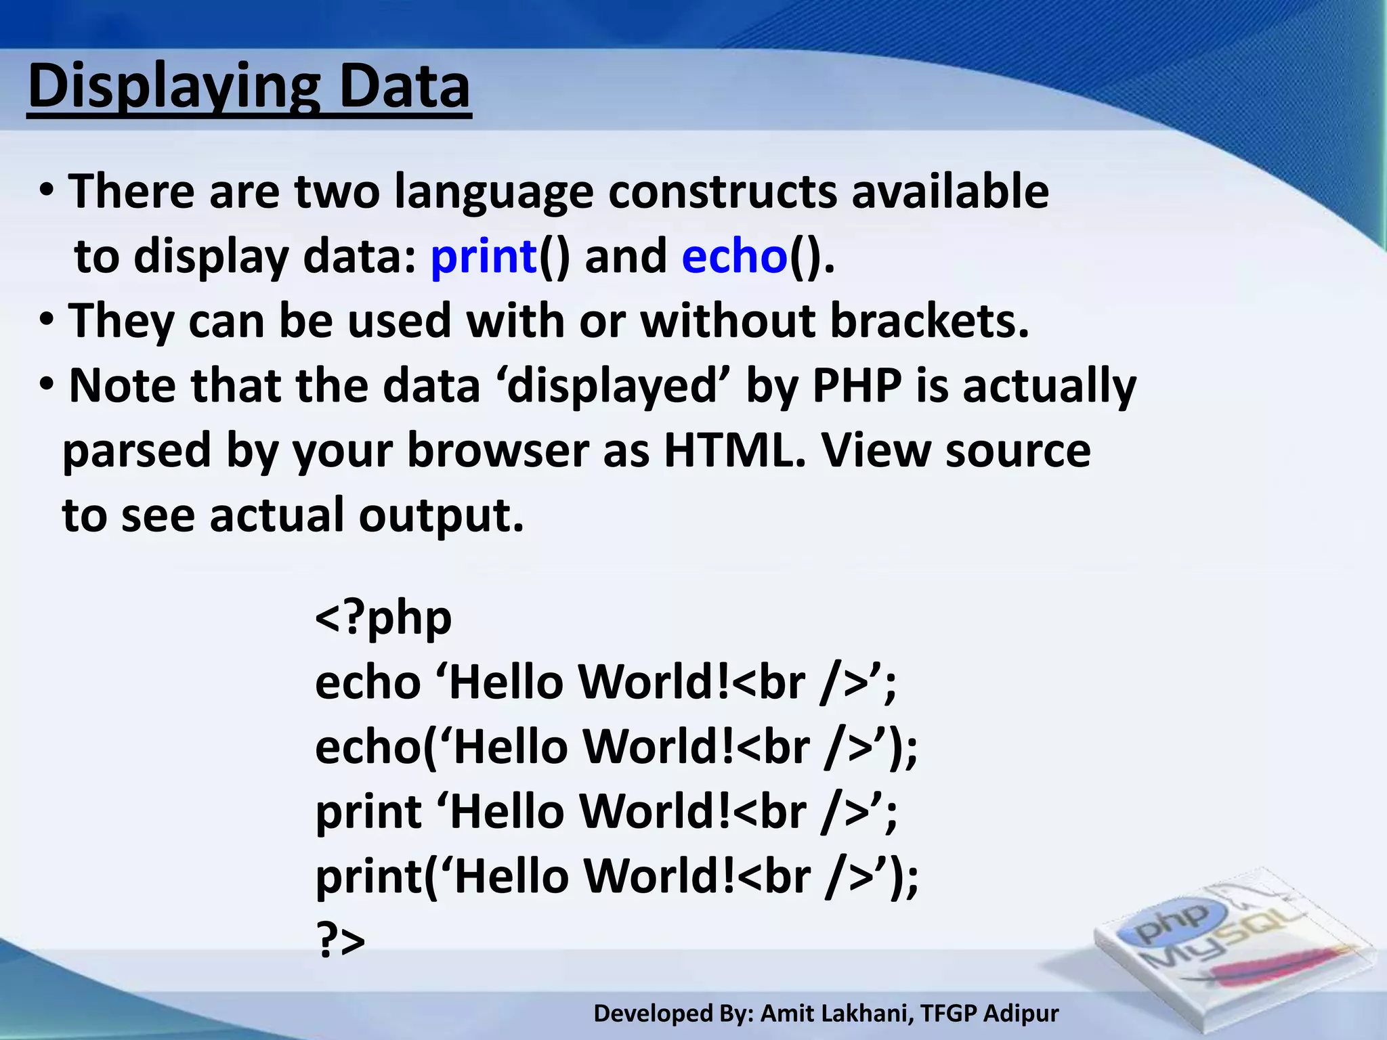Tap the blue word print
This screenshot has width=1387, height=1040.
click(x=484, y=257)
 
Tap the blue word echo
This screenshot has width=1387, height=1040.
click(x=734, y=257)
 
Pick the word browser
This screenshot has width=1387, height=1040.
click(x=498, y=451)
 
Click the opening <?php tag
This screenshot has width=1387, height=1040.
click(x=383, y=618)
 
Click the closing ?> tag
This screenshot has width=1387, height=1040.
click(x=341, y=941)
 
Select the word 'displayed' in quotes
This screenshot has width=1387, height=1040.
click(x=613, y=386)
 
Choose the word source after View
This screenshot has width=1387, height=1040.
click(x=1018, y=451)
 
